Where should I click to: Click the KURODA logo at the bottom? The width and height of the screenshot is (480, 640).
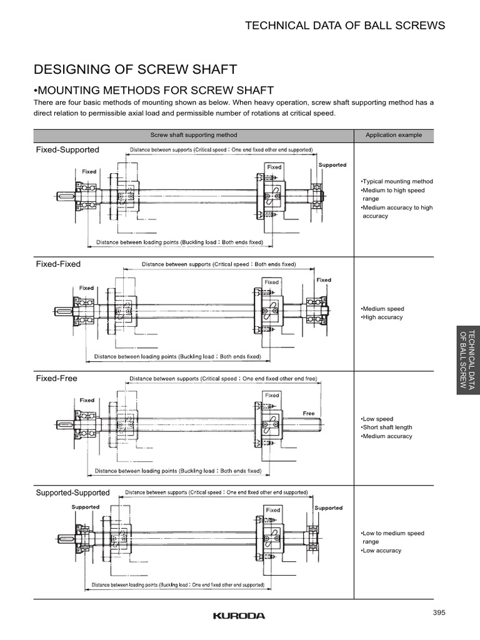pos(239,616)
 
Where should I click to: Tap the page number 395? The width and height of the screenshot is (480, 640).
pos(438,612)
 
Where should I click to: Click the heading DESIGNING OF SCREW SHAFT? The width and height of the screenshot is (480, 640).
pos(135,69)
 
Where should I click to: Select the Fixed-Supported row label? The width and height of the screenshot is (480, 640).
pos(67,150)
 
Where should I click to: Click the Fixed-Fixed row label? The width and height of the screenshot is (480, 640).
pos(58,264)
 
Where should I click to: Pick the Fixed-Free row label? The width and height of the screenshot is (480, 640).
pos(57,378)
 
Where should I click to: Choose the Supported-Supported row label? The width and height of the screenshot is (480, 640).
pos(72,492)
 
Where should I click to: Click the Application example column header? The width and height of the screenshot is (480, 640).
pos(394,134)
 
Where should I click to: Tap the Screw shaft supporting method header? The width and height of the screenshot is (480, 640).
pos(194,134)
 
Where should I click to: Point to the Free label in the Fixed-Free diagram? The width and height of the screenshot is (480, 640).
pos(309,413)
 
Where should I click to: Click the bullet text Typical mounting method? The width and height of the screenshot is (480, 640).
pos(397,181)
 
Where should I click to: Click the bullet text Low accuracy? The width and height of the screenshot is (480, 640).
pos(381,551)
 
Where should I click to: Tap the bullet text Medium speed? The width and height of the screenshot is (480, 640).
pos(382,309)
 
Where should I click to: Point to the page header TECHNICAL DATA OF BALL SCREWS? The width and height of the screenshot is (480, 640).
pos(345,25)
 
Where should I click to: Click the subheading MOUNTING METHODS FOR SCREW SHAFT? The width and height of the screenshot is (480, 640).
pos(154,90)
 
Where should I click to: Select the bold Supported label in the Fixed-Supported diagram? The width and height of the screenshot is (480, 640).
pos(332,165)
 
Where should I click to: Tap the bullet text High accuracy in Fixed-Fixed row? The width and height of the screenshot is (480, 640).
pos(382,317)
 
